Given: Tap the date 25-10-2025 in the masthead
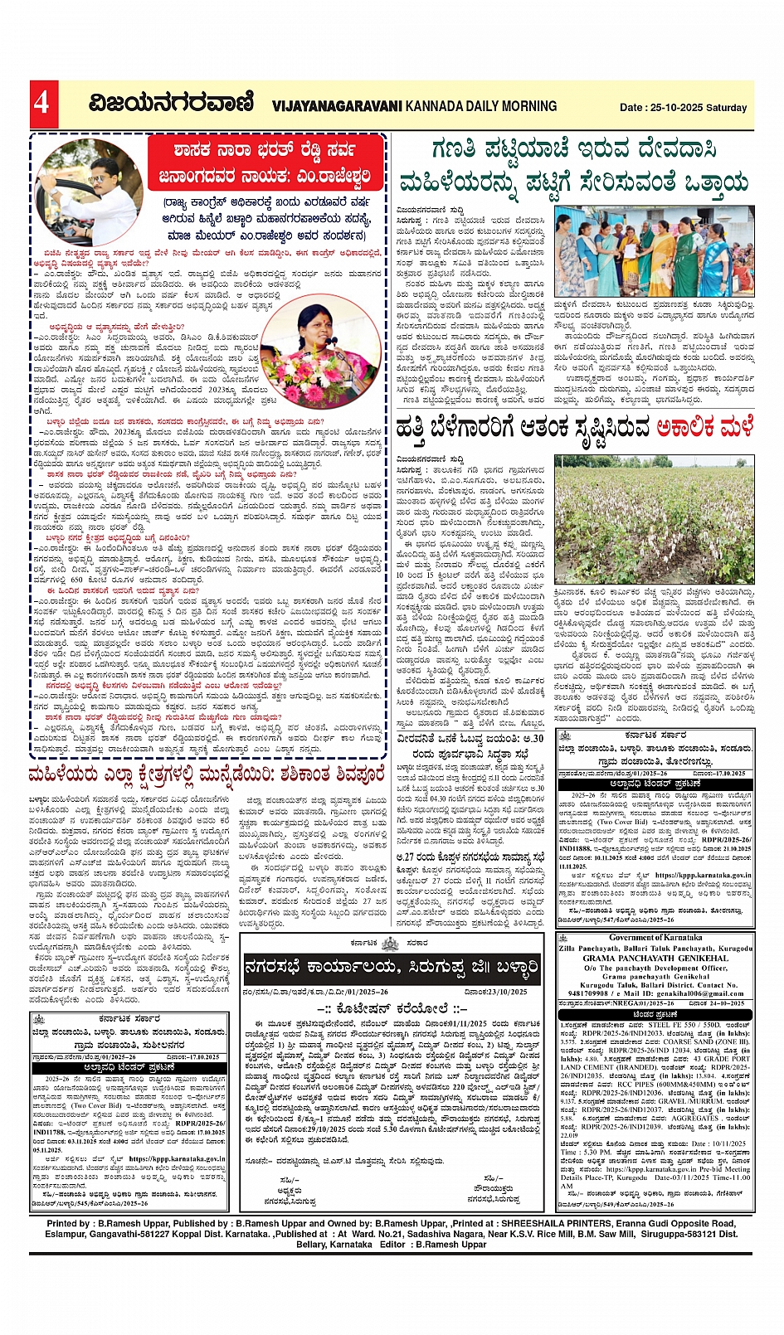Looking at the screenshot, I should (675, 108).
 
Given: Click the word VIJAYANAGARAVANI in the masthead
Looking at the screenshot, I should (336, 106).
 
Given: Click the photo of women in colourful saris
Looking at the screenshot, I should (655, 252).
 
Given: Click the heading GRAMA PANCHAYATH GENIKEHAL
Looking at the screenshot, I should (655, 958).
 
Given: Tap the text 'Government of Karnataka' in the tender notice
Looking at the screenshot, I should (655, 938).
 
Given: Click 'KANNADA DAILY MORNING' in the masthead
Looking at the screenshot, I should (482, 106).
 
